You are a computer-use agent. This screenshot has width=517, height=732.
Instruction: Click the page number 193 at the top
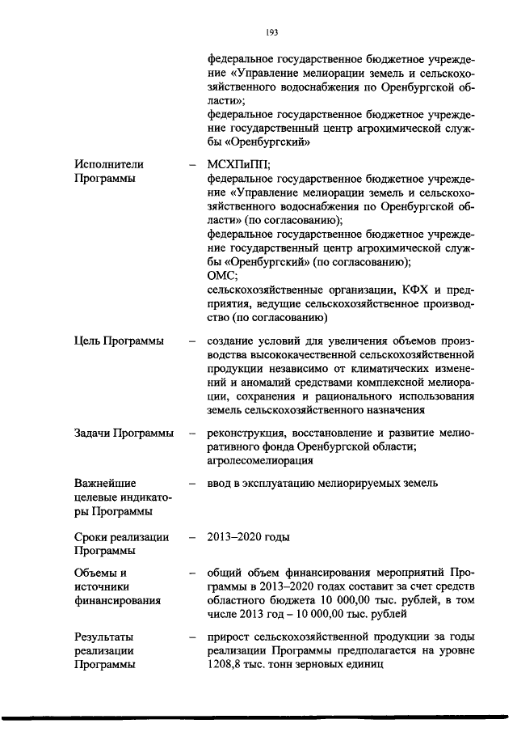tap(271, 32)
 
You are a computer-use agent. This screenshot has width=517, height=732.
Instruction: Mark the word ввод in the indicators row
tap(221, 483)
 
